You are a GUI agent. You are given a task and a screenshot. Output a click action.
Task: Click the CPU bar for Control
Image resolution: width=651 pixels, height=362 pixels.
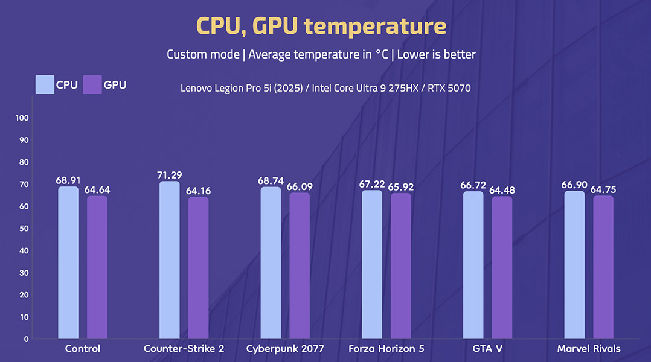point(68,262)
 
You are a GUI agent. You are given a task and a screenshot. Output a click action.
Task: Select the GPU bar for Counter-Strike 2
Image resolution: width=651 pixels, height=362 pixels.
point(198,268)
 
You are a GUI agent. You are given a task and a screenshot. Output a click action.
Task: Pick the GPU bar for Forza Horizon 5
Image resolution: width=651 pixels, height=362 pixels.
point(400,265)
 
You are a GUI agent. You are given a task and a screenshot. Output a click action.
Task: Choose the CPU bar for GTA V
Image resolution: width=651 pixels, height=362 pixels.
point(473,265)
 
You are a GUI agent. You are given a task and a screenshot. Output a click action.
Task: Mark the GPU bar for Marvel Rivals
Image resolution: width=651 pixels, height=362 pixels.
point(603,267)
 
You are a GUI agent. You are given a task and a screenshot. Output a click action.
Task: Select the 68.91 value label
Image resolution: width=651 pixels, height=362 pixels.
point(68,180)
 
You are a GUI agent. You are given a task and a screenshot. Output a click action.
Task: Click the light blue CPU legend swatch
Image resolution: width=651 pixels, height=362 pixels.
point(45,84)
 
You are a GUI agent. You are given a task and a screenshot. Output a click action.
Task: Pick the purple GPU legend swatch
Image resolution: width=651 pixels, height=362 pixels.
point(92,84)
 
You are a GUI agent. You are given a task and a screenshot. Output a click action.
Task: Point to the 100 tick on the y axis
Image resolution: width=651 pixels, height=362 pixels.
point(23,118)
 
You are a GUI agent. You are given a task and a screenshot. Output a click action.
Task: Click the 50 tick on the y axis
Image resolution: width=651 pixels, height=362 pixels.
point(25,229)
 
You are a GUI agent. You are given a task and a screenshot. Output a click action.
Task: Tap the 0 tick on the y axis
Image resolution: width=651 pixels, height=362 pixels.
point(27,339)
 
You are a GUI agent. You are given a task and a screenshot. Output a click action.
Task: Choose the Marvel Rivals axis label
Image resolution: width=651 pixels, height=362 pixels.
point(589,349)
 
